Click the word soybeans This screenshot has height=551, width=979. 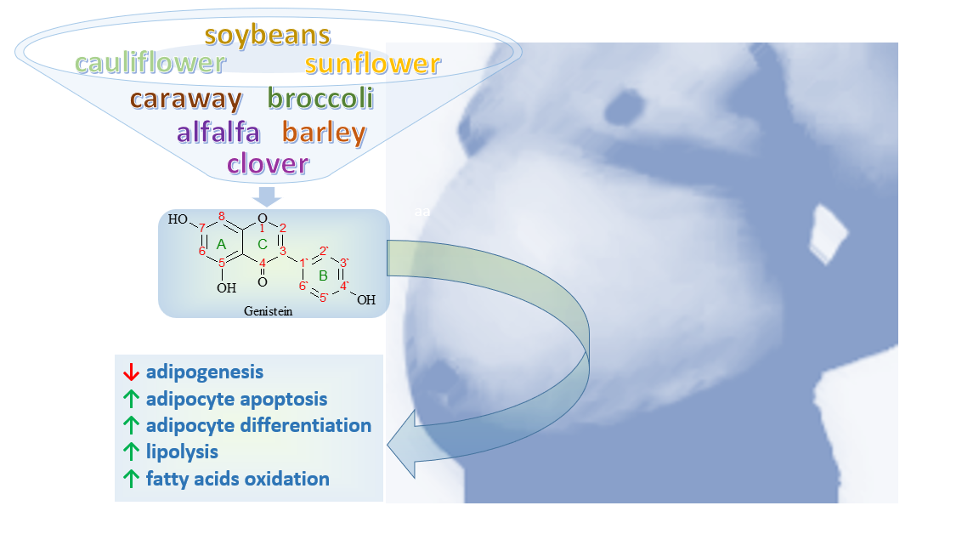pos(267,36)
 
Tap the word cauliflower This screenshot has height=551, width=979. pos(150,62)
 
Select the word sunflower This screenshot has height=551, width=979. pos(373,63)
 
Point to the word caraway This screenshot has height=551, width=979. pos(186,100)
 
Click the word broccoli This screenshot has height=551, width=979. pos(321,98)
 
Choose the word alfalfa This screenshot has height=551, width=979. pos(218,132)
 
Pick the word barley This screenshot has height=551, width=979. pos(324,133)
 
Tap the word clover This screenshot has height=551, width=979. pos(268,163)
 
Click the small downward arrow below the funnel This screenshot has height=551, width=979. pos(267,196)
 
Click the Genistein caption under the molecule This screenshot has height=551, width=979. pos(268,311)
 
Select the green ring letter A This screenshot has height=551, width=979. pos(221,245)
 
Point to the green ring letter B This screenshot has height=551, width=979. pos(323,275)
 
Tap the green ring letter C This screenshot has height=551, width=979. pos(263,244)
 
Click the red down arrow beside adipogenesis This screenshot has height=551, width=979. pos(131,372)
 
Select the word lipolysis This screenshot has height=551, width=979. pos(183,452)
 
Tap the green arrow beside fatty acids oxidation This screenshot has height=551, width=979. pos(131,479)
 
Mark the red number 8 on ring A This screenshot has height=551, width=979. pos(222,217)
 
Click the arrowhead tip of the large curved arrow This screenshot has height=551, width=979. pos(388,446)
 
